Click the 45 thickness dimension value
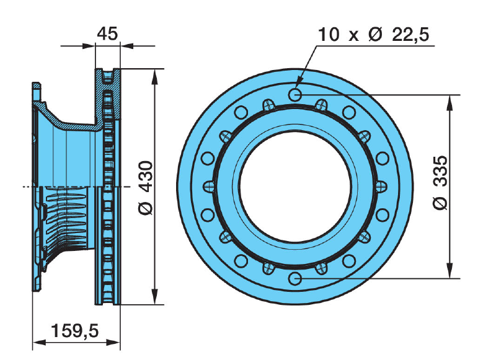(x=108, y=34)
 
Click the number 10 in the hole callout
(x=328, y=35)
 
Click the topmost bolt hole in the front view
(x=296, y=94)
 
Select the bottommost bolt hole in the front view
(x=296, y=278)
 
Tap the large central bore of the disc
(x=296, y=187)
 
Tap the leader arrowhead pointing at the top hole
(x=298, y=82)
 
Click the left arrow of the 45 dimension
(x=91, y=45)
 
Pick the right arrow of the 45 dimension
(x=123, y=45)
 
